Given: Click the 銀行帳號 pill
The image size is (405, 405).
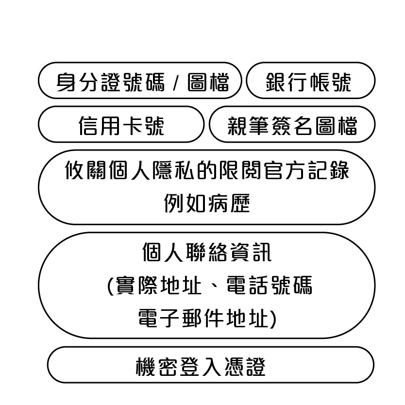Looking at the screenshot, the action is [x=310, y=80].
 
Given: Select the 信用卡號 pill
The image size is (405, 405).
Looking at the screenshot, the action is [x=121, y=124].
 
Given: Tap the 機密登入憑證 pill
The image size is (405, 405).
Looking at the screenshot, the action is [x=210, y=365].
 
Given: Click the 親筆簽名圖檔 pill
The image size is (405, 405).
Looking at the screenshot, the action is [x=292, y=124].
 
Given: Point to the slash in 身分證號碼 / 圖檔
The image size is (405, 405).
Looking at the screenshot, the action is [x=176, y=82].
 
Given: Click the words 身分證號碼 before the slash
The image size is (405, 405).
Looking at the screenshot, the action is [x=110, y=82].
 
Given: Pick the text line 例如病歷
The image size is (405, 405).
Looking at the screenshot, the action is [x=207, y=203].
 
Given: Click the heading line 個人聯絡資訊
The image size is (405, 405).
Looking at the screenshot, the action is [x=207, y=252].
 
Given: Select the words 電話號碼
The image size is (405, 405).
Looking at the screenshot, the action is [x=270, y=285].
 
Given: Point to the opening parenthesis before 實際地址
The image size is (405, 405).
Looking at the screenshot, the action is [x=111, y=286].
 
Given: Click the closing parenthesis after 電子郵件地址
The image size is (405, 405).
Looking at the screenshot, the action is [x=273, y=319].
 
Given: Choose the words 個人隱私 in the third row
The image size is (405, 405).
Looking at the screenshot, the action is [x=151, y=170].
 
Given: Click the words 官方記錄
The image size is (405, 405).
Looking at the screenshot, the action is [x=306, y=170].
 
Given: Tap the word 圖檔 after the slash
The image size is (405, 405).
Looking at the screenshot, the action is [x=208, y=82].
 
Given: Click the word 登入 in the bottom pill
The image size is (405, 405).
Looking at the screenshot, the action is [x=200, y=366].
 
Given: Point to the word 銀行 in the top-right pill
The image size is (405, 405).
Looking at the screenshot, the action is [x=287, y=82].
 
